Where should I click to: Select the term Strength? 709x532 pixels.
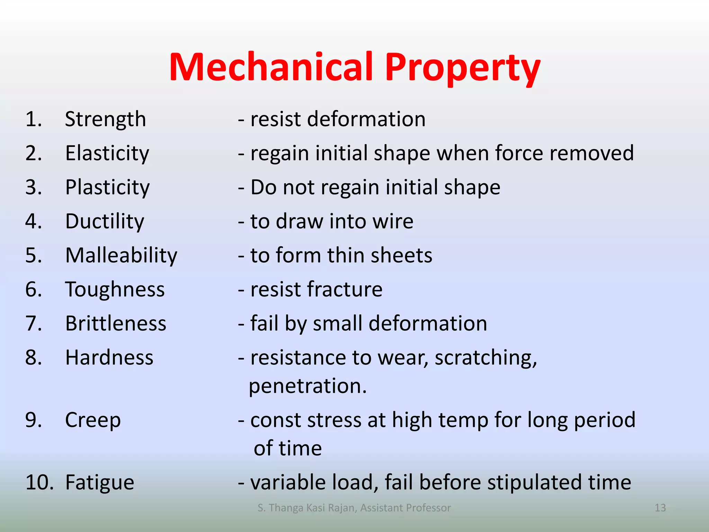point(105,119)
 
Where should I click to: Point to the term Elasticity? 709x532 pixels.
point(107,153)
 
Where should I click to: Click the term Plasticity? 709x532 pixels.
point(107,187)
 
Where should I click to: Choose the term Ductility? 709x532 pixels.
point(105,221)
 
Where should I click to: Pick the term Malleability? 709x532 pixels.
point(121,255)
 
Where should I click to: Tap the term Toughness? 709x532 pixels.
point(115,290)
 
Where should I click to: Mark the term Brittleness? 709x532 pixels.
point(116,323)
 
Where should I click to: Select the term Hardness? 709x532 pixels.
point(109,357)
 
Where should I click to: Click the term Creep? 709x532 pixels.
point(93,420)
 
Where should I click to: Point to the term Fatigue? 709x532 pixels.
point(100,482)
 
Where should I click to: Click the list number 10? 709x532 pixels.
point(39,482)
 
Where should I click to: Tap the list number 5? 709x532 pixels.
point(34,255)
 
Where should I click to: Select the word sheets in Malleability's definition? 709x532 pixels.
point(401,255)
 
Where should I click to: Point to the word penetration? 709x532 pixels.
point(307,386)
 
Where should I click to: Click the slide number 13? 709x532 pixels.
point(660,508)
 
